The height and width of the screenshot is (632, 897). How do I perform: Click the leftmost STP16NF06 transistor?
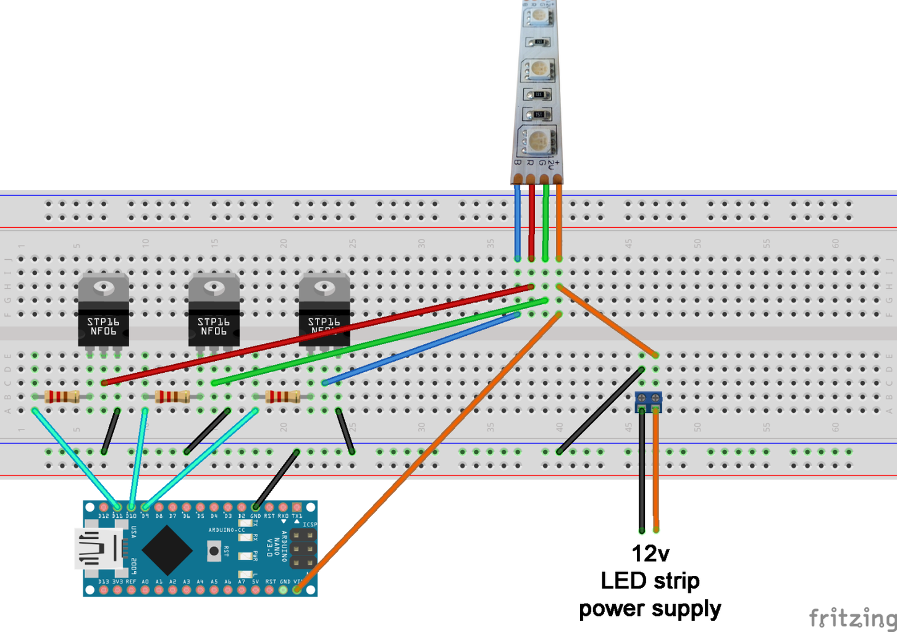tap(103, 312)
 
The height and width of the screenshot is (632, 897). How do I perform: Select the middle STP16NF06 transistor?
tap(214, 312)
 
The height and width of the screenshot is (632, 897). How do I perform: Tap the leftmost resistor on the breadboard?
tap(62, 396)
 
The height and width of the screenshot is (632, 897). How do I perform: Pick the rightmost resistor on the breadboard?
tap(283, 396)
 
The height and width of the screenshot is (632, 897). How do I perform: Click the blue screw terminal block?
tap(649, 402)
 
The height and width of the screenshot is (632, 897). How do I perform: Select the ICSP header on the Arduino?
tap(304, 549)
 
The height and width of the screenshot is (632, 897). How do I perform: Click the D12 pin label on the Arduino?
tap(103, 516)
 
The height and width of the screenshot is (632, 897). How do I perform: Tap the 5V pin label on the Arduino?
tap(255, 581)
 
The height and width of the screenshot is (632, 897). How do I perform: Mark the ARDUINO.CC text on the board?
tap(226, 530)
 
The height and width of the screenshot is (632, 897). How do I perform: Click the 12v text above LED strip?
tap(650, 554)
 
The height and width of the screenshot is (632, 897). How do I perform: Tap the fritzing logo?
tap(853, 617)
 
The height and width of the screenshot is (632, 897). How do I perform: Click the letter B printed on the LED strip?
tap(518, 163)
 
